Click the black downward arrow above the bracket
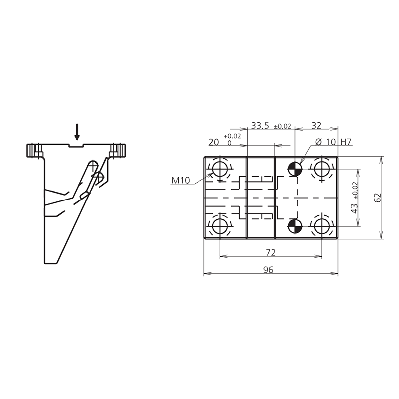[x=77, y=132]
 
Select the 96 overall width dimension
[x=268, y=270]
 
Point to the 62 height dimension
[x=378, y=198]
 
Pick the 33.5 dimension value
[x=260, y=126]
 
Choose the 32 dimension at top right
[x=316, y=126]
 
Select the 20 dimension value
[x=214, y=142]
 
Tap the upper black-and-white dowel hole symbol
[x=295, y=168]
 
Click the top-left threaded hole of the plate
[x=219, y=168]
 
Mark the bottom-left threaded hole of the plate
[x=219, y=227]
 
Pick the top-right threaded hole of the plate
[x=321, y=168]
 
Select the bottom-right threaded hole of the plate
[x=321, y=227]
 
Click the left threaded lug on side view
[x=34, y=150]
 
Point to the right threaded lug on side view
[x=119, y=150]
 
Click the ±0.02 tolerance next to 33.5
[x=282, y=127]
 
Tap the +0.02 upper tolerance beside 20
[x=232, y=136]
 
